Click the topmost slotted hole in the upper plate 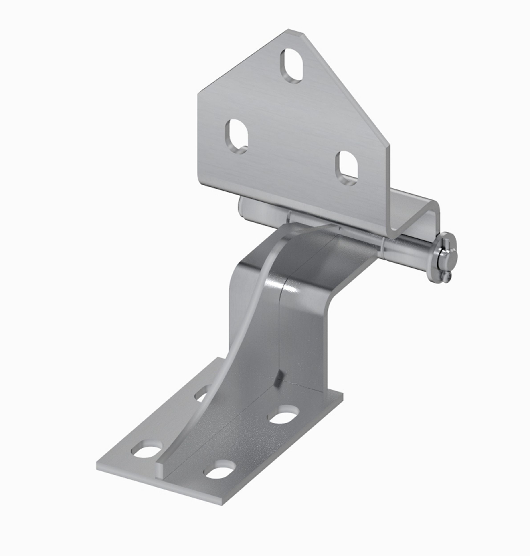point(292,66)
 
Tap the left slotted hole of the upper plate point(237,136)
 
